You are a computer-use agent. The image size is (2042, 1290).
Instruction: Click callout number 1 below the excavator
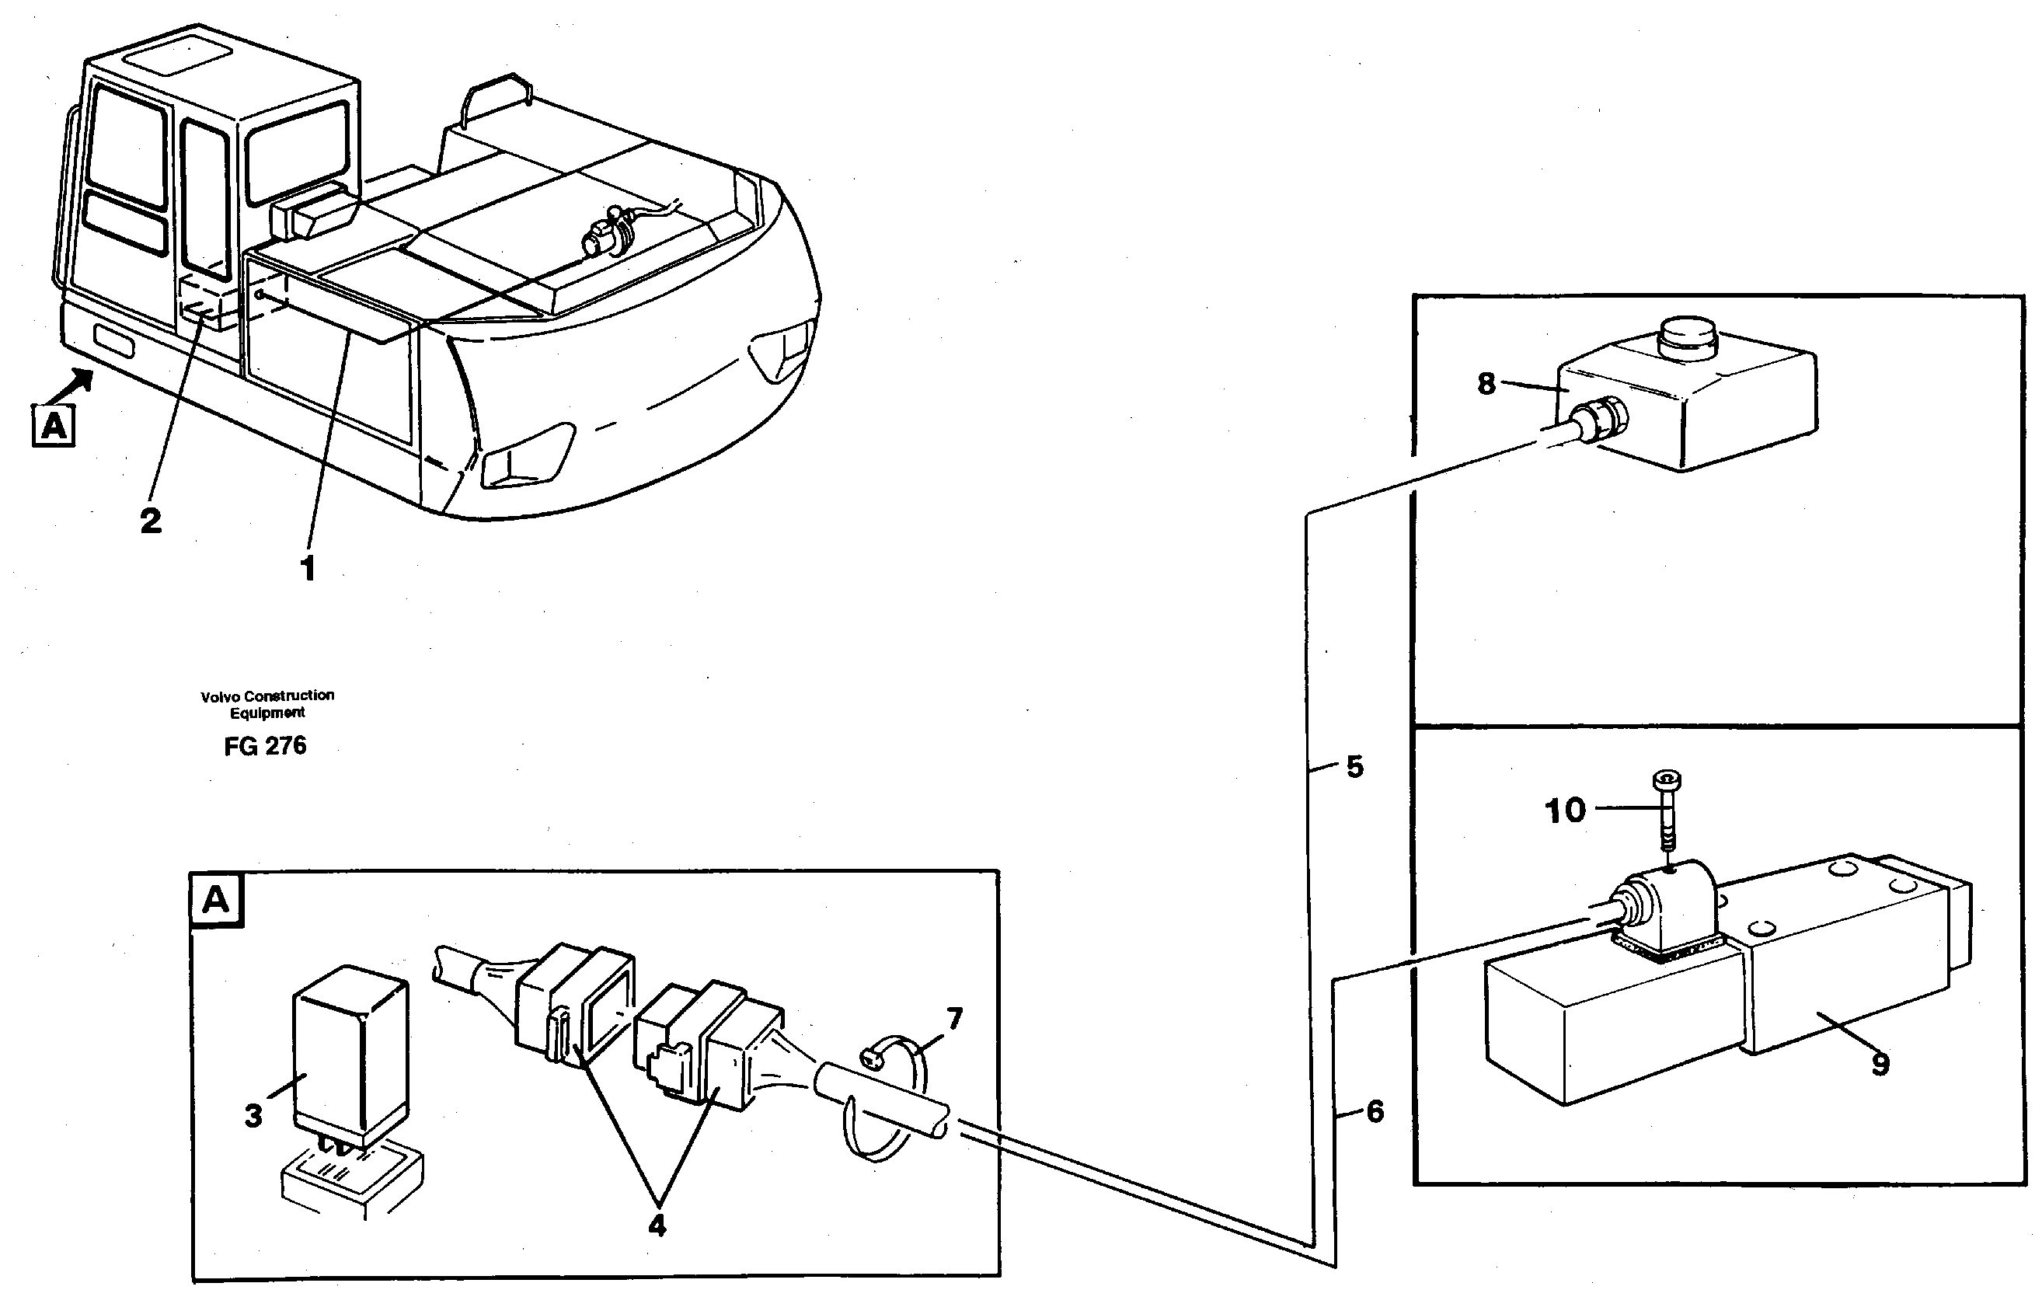pyautogui.click(x=308, y=568)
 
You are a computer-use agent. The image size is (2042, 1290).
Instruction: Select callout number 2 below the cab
pyautogui.click(x=151, y=521)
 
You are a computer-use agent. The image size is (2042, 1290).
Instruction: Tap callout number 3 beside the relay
pyautogui.click(x=253, y=1116)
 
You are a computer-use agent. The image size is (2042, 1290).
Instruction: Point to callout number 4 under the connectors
pyautogui.click(x=657, y=1225)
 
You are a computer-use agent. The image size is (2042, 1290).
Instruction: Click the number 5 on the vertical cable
pyautogui.click(x=1355, y=767)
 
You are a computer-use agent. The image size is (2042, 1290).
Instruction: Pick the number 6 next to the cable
pyautogui.click(x=1375, y=1111)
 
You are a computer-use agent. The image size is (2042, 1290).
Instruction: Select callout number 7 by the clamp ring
pyautogui.click(x=955, y=1019)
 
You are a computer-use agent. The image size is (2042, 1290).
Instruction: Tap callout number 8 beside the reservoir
pyautogui.click(x=1486, y=383)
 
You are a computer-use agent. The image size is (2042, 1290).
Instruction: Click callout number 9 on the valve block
pyautogui.click(x=1880, y=1065)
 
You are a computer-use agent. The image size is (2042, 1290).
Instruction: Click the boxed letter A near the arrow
pyautogui.click(x=54, y=425)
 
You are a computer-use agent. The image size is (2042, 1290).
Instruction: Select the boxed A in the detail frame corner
pyautogui.click(x=216, y=899)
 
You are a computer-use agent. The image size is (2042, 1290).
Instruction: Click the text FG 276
pyautogui.click(x=265, y=745)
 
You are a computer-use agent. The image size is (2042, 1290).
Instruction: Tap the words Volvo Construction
pyautogui.click(x=267, y=696)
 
